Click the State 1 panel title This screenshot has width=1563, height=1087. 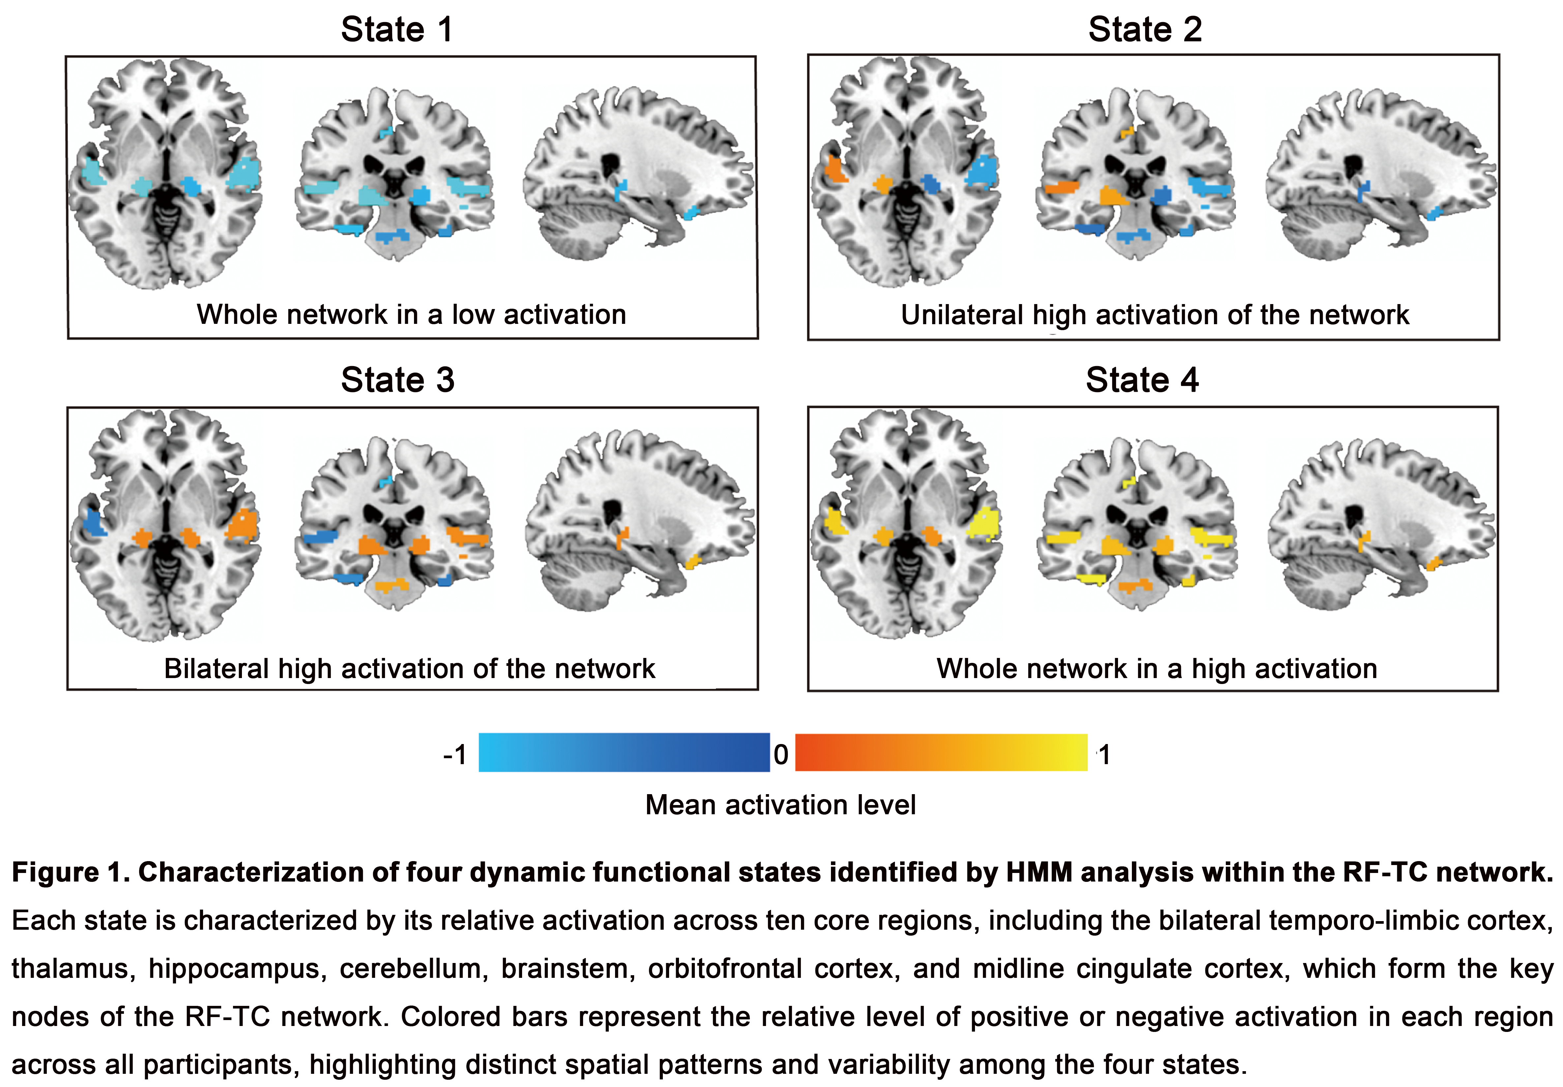coord(397,30)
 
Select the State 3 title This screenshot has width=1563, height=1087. coord(398,380)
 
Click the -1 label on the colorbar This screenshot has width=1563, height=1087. coord(455,755)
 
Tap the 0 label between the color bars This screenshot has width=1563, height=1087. coord(781,755)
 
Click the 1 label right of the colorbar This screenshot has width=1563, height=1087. coord(1104,755)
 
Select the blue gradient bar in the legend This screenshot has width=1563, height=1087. coord(624,753)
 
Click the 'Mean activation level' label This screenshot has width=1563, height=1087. coord(780,805)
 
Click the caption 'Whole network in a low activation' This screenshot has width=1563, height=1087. coord(411,315)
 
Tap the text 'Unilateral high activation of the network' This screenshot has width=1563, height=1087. coord(1155,315)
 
